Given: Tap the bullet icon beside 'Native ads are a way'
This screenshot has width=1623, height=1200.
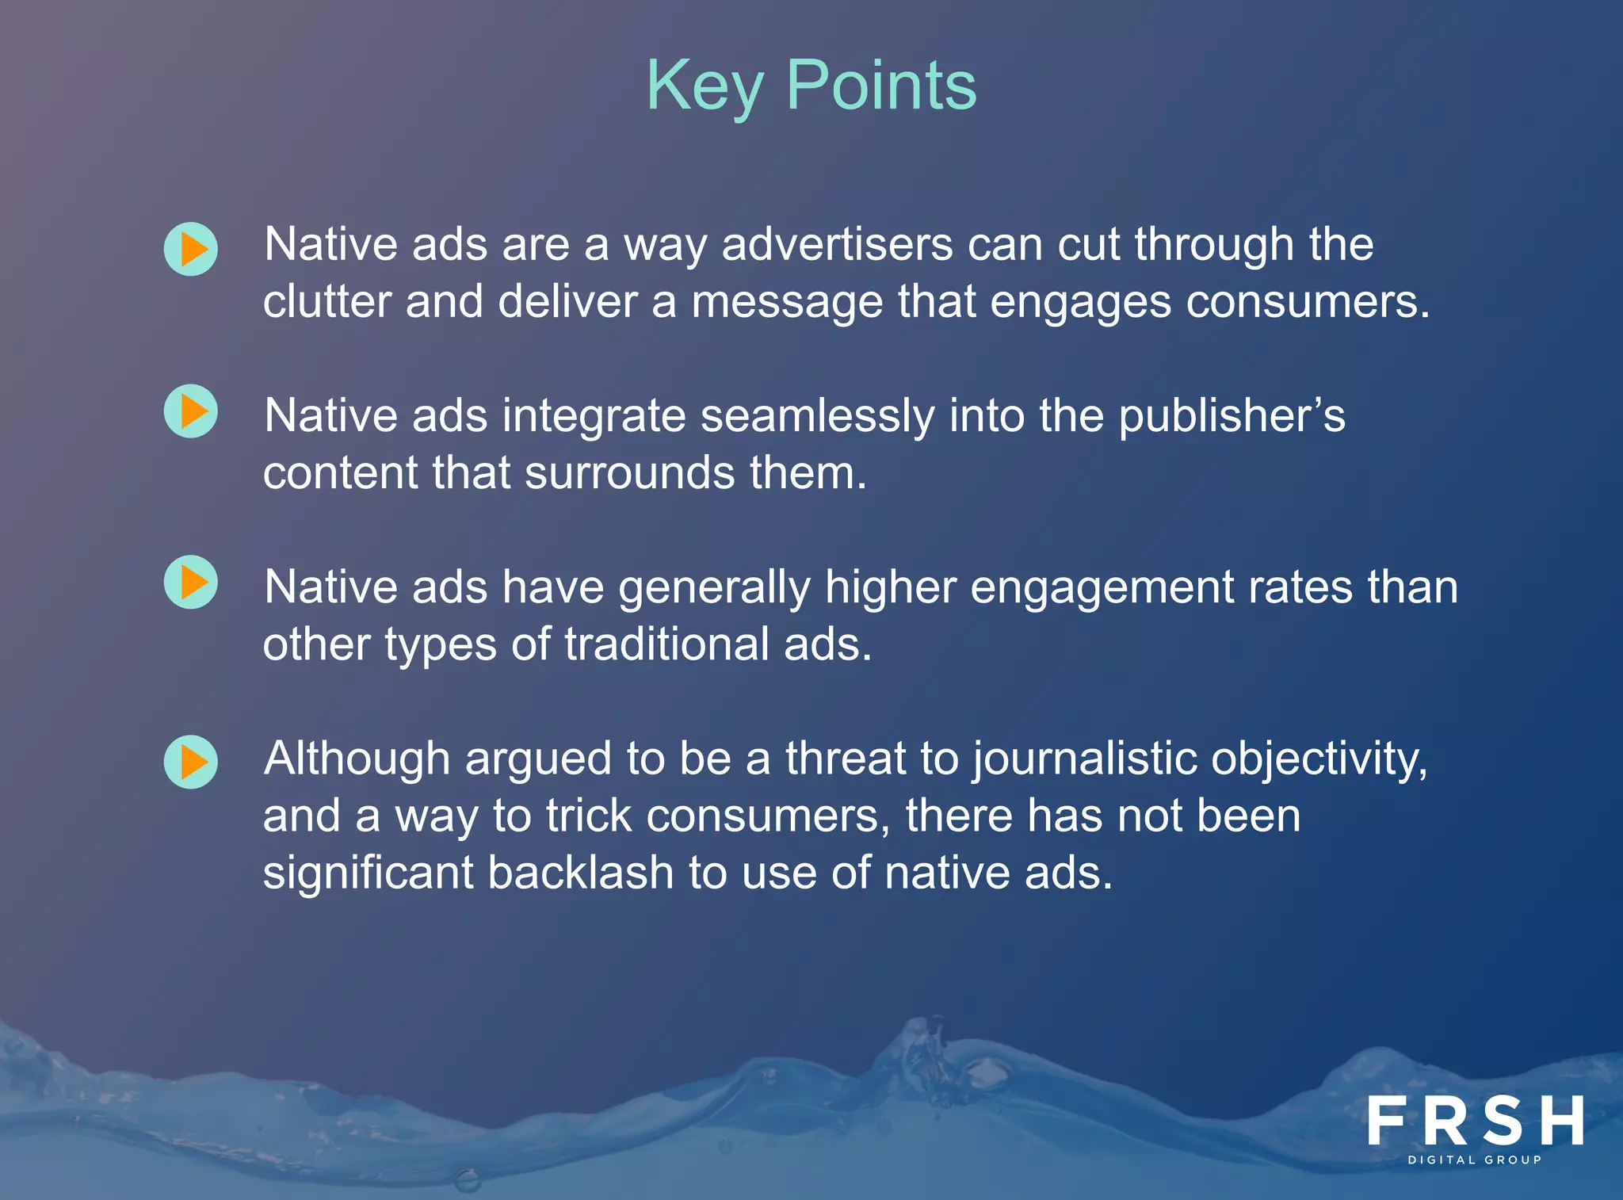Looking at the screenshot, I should click(191, 249).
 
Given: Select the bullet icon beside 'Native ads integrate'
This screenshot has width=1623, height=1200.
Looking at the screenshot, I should click(191, 411).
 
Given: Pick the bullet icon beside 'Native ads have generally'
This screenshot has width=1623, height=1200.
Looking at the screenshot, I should click(191, 583).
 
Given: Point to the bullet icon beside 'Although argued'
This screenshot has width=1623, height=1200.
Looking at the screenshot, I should click(191, 762).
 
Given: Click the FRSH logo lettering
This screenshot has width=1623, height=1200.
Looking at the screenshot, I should click(1476, 1121).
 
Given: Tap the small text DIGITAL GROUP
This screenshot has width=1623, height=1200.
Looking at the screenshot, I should click(1475, 1160).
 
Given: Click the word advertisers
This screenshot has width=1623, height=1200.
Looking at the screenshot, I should click(837, 244).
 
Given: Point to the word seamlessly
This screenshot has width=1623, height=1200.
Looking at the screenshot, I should click(817, 416).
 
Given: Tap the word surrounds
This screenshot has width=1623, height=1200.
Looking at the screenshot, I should click(630, 473).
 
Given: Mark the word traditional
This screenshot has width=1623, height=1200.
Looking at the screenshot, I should click(666, 644).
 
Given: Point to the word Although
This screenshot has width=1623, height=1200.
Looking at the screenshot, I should click(357, 759).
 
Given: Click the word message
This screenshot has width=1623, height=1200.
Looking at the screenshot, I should click(787, 302).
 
